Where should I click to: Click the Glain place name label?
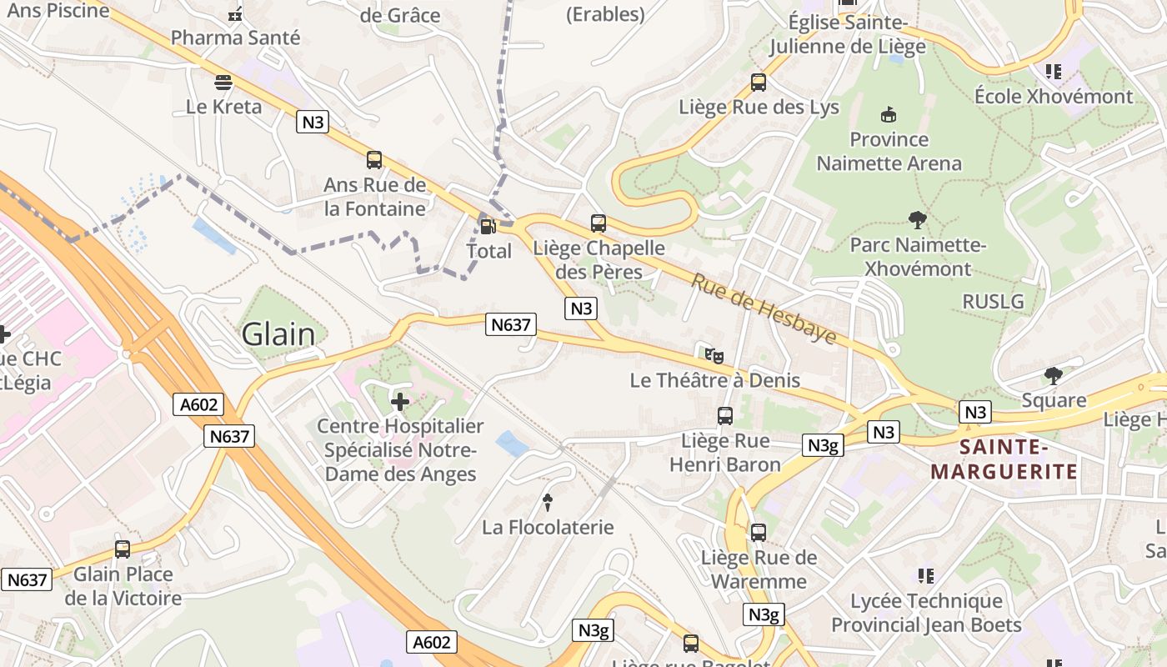coord(278,334)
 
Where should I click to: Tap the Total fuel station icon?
coord(487,225)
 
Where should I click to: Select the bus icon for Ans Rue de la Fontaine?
coord(374,159)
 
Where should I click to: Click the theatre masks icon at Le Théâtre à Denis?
coord(714,355)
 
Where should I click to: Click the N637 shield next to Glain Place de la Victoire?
coord(27,579)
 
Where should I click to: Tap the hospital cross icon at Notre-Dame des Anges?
coord(400,402)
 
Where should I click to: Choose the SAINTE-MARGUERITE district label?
coord(1004,459)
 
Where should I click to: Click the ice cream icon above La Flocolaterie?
coord(548,502)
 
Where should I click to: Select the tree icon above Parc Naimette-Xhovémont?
coord(918,221)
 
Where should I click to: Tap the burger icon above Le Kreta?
coord(223,82)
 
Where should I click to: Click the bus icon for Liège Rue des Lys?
coord(759,82)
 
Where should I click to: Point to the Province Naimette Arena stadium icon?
coord(889,114)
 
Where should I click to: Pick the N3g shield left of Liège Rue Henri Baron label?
coord(824,446)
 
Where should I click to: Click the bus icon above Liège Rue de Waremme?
coord(759,532)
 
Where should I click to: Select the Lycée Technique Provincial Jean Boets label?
coord(925,613)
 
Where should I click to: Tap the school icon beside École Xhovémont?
coord(1054,72)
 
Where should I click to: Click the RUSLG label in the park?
coord(993,301)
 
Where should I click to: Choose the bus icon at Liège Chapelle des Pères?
coord(599,223)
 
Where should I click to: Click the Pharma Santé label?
coord(235,38)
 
